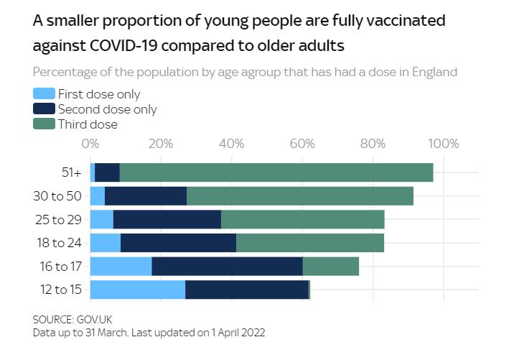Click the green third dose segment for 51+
pos(276,172)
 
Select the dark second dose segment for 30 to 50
pos(146,196)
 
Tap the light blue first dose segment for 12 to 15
pos(138,290)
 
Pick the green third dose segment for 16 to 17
pos(331,267)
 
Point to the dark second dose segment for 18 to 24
pos(179,243)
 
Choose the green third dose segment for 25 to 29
pos(303,219)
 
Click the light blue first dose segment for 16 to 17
pos(121,267)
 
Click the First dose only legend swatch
pos(45,94)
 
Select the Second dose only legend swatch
pos(45,109)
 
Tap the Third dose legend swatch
pos(45,124)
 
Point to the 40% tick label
pos(232,144)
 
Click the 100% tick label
pos(443,144)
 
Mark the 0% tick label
pos(90,144)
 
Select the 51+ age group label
pos(72,172)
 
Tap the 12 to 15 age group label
pos(62,290)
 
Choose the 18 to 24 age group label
pos(62,243)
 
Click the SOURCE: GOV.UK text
pos(73,319)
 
